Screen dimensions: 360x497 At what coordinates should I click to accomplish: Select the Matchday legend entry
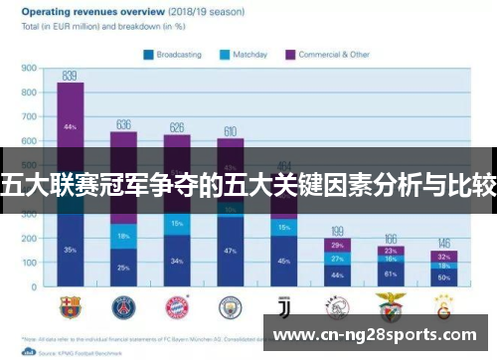[245, 54]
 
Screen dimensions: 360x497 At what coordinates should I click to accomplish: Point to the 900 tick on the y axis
[29, 69]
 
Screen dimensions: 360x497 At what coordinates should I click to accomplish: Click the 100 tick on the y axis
[29, 263]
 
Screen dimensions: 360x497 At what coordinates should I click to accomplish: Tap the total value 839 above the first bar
[70, 76]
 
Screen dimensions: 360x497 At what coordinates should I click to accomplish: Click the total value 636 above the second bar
[124, 124]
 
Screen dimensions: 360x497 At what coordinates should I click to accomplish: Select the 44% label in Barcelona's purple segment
[70, 127]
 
